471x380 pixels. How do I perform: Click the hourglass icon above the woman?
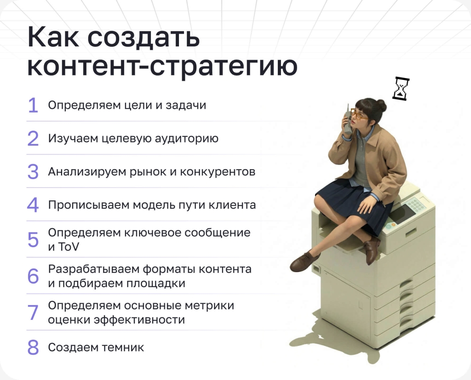coord(401,89)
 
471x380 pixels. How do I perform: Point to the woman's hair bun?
coord(381,105)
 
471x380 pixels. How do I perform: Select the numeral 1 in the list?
coord(33,106)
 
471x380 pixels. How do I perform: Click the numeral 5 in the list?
coord(33,240)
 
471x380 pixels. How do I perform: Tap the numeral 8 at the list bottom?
coord(33,347)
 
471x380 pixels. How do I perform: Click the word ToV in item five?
coord(68,247)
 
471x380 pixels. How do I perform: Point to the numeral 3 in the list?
coord(33,172)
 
